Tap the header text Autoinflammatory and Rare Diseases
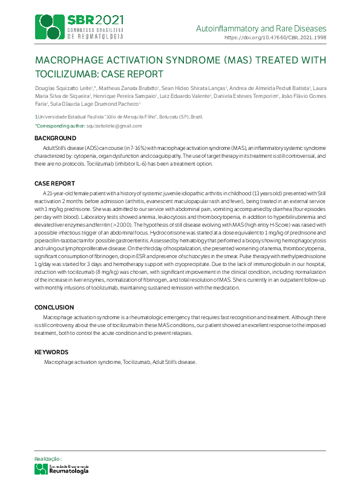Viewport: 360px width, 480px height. click(x=261, y=28)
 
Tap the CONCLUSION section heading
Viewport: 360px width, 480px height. click(x=54, y=307)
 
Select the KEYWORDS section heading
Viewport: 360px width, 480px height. click(x=51, y=352)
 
